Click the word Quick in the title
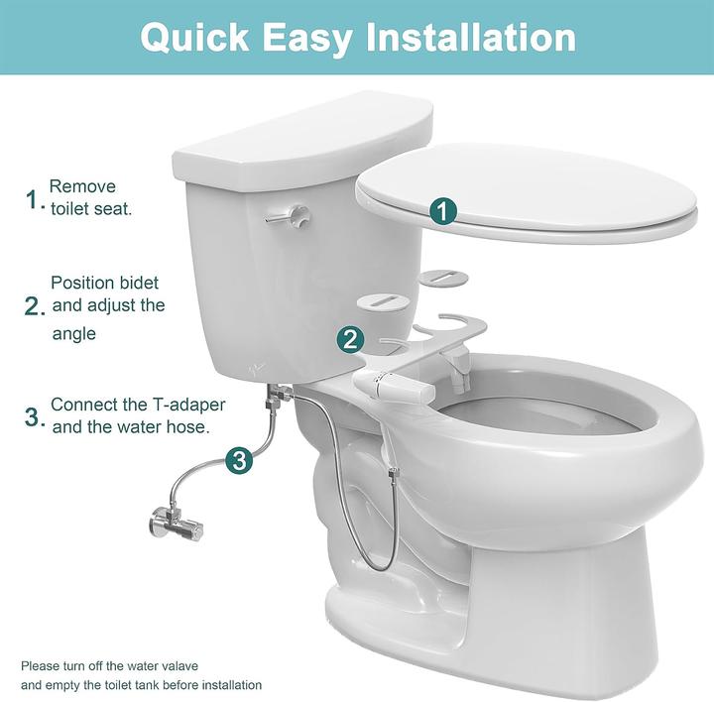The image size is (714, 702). [195, 38]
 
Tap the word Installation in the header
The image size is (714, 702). [471, 37]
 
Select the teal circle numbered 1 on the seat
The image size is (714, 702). [443, 211]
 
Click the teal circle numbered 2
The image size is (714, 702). [350, 340]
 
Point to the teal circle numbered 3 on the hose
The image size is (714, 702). [239, 460]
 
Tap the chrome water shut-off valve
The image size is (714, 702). [176, 524]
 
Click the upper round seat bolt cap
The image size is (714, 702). [443, 279]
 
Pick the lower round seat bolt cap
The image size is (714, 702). [381, 302]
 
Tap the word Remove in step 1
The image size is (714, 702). [82, 186]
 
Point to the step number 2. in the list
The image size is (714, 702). [35, 306]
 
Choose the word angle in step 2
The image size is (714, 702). [73, 334]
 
